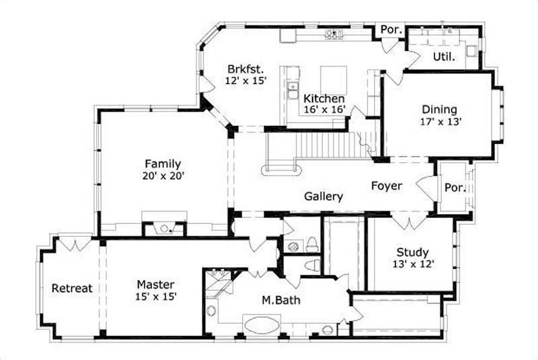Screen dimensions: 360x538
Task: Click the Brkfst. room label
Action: pos(245,69)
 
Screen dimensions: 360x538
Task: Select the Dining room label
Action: pos(439,109)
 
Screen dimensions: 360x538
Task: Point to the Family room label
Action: pos(163,163)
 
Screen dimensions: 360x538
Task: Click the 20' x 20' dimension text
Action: pos(163,175)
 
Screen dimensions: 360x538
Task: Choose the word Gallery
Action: pos(323,196)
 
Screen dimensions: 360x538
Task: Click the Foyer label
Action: pos(386,186)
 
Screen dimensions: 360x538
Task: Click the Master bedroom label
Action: pos(155,284)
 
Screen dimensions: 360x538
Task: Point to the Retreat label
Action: pos(71,288)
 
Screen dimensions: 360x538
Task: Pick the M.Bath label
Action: pos(281,299)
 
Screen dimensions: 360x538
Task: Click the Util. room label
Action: pos(444,57)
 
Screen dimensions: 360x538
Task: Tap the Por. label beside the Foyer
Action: pos(455,188)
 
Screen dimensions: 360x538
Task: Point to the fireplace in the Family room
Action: pos(164,229)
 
